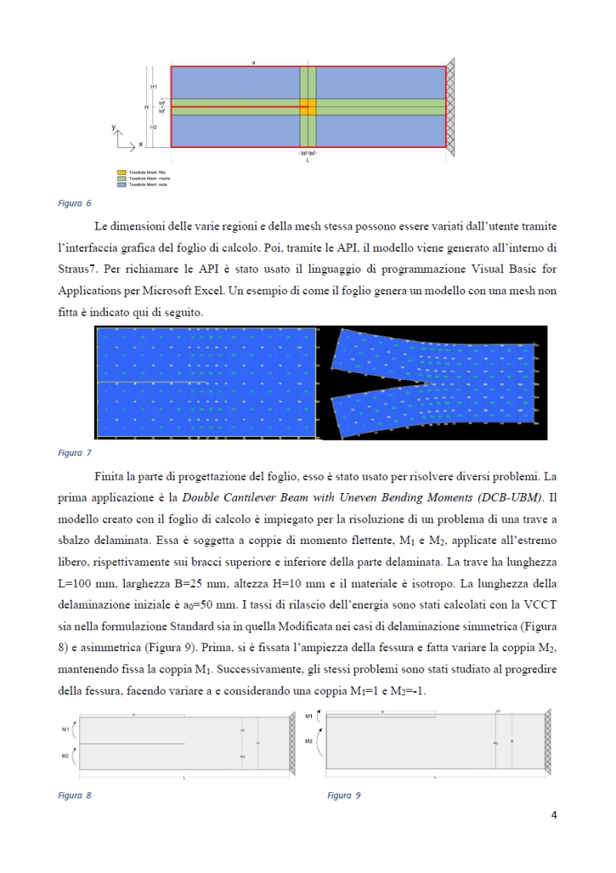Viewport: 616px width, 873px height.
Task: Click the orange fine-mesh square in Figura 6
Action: point(307,106)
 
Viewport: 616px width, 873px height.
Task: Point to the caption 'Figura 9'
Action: point(343,795)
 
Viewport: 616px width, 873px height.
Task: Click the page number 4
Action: point(554,815)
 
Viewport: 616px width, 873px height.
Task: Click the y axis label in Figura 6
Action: point(113,126)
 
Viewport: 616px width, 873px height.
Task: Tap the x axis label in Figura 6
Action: point(140,144)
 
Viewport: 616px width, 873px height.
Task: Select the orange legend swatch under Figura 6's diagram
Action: point(122,173)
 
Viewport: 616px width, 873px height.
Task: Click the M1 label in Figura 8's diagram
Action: point(65,727)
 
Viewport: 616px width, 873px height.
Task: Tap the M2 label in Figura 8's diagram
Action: point(65,756)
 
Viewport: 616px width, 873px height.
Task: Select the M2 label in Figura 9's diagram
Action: point(309,740)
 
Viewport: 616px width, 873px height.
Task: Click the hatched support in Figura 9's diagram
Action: point(547,740)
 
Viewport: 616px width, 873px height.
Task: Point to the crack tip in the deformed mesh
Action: point(427,383)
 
